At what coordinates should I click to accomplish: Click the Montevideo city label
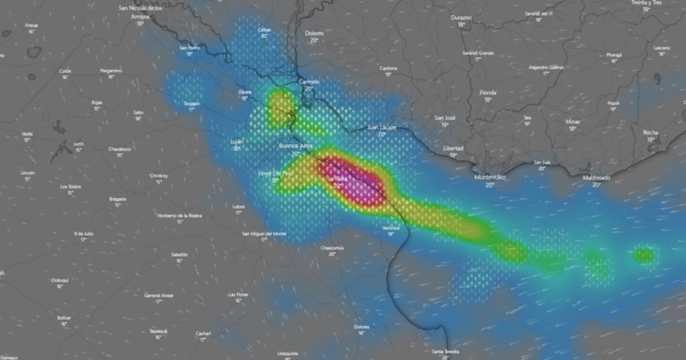(x=490, y=177)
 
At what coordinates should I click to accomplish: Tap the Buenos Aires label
(x=296, y=146)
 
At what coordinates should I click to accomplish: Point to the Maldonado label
(x=596, y=178)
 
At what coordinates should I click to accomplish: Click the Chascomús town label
(x=332, y=247)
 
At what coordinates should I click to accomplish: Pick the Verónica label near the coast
(x=391, y=227)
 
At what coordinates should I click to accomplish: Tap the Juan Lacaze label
(x=381, y=127)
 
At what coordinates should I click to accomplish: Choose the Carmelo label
(x=309, y=82)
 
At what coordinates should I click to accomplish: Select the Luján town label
(x=237, y=141)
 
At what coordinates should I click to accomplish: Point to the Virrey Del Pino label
(x=275, y=173)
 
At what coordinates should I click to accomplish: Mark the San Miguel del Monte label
(x=264, y=233)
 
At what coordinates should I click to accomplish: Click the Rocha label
(x=651, y=133)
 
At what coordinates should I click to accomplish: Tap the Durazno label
(x=461, y=18)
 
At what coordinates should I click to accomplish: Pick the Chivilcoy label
(x=159, y=175)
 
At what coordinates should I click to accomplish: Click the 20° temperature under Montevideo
(x=490, y=185)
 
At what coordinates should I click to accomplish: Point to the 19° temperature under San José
(x=445, y=125)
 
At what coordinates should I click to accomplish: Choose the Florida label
(x=488, y=93)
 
